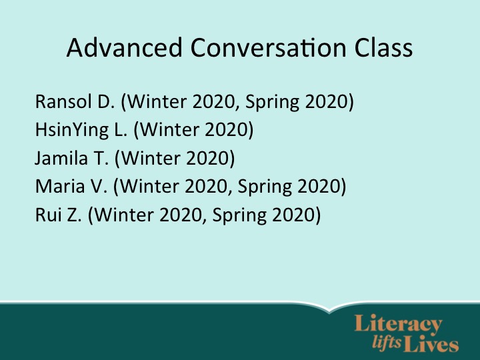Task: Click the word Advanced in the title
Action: tap(125, 47)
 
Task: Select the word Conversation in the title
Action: tap(269, 47)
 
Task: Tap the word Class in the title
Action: tap(383, 47)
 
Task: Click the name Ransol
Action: tap(63, 101)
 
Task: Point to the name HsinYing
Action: tap(72, 130)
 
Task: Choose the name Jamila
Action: tap(61, 158)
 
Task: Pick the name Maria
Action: tap(60, 187)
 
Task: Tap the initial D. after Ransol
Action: tap(106, 101)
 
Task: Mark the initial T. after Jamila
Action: tap(101, 158)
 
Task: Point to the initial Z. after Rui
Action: tap(74, 215)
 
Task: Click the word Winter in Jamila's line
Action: tap(151, 158)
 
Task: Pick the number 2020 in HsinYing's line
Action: tap(226, 130)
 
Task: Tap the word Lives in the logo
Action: tap(431, 344)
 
